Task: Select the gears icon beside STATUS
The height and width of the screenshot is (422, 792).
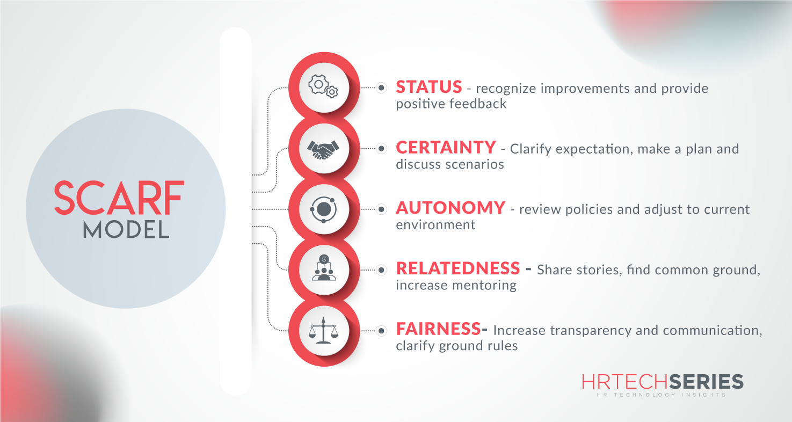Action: tap(323, 87)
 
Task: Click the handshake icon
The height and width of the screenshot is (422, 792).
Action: tap(323, 148)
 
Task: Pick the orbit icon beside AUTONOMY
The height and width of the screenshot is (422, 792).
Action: tap(323, 209)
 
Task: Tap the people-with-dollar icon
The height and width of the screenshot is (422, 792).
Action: tap(323, 268)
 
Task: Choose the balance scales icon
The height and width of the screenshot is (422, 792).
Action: tap(323, 330)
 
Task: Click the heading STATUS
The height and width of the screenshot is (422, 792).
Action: tap(428, 87)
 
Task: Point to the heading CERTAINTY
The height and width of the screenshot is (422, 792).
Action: tap(446, 148)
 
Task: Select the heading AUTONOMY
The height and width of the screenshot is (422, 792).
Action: tap(451, 208)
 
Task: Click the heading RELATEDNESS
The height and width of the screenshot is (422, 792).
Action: tap(458, 268)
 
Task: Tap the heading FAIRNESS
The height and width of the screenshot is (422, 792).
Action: tap(438, 328)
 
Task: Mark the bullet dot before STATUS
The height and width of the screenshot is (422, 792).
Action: tap(381, 88)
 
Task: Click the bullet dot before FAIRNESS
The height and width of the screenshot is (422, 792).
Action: tap(381, 330)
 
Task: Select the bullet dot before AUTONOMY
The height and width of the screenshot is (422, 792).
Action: tap(381, 209)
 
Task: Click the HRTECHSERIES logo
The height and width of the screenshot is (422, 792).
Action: tap(663, 382)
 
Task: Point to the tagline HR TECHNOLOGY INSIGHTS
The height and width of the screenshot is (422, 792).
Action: tap(663, 395)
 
